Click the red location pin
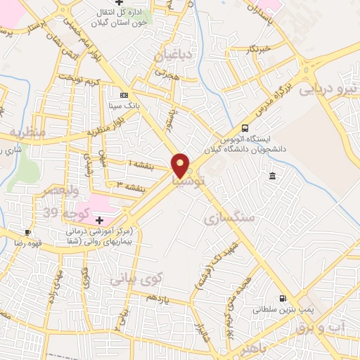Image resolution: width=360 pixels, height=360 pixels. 181,165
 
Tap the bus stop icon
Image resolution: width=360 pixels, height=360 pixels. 245,128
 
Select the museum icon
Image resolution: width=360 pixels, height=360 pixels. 272,175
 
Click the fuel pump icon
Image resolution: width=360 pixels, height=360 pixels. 283,298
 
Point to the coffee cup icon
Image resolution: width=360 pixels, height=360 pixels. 27,232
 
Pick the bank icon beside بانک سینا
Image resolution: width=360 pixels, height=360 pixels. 124,95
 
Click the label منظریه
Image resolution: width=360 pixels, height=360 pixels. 27,131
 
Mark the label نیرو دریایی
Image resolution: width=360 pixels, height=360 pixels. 328,89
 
